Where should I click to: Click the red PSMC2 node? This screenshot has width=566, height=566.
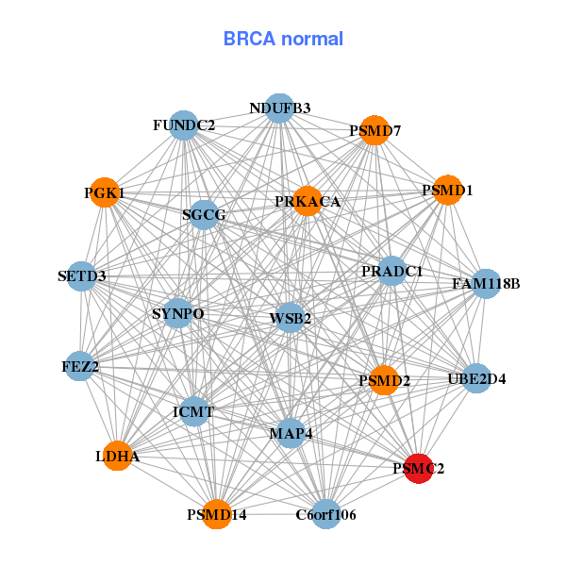point(418,468)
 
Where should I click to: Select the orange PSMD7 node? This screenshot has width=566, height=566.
point(375,129)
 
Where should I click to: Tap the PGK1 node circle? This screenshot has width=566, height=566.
point(105,192)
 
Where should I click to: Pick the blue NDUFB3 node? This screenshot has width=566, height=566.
point(279,108)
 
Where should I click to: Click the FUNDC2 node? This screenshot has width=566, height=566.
point(184,125)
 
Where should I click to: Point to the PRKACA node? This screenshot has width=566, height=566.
point(308,201)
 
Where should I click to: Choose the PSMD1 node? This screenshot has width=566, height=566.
point(447,191)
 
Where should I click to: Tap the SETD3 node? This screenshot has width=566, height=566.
point(82,276)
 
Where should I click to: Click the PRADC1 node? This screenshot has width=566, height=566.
point(391,271)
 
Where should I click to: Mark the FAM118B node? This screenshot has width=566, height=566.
point(485,282)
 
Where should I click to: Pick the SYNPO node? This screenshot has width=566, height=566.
point(178,313)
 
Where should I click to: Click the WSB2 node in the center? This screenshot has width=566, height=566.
point(290,318)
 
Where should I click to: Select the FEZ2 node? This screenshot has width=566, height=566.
point(81,365)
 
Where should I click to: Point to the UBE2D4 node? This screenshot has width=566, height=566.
point(476,379)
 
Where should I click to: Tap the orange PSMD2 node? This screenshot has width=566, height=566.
point(384,381)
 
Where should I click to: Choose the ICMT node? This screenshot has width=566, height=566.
point(194,411)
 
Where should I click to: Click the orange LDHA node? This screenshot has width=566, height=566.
point(117,456)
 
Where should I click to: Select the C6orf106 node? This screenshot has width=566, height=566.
point(325,514)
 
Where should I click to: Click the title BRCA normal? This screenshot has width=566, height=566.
point(283,39)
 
